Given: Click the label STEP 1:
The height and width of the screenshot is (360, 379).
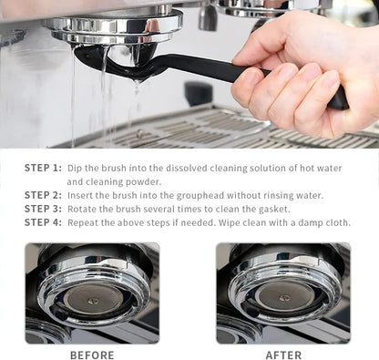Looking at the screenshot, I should pyautogui.click(x=43, y=168).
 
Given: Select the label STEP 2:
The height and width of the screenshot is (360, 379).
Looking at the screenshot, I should pyautogui.click(x=43, y=195).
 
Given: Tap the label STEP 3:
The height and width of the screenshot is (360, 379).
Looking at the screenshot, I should pyautogui.click(x=43, y=209).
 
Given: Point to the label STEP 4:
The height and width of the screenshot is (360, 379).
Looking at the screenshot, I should pyautogui.click(x=43, y=222).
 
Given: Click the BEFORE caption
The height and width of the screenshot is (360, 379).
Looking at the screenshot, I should pyautogui.click(x=92, y=355).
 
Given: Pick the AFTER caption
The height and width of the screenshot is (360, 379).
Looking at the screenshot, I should pyautogui.click(x=283, y=355).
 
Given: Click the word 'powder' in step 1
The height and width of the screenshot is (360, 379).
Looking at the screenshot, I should pyautogui.click(x=144, y=181).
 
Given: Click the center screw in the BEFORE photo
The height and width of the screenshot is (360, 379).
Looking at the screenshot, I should pyautogui.click(x=91, y=298).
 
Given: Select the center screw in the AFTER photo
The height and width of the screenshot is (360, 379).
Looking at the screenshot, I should pyautogui.click(x=283, y=298).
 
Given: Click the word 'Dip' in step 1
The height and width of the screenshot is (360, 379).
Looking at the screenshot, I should pyautogui.click(x=75, y=168).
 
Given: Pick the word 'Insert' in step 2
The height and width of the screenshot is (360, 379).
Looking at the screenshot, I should pyautogui.click(x=81, y=195).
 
